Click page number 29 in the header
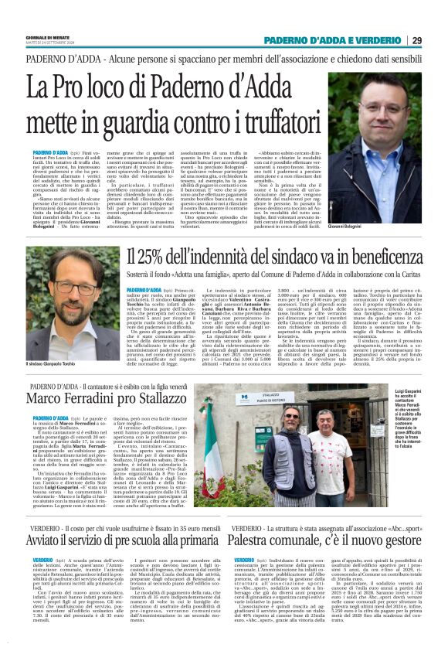click(416, 39)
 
